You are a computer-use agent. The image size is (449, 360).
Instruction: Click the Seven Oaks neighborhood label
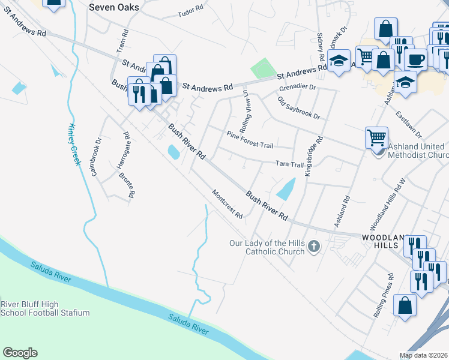click(x=113, y=8)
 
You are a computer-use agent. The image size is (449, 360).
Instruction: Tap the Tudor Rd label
click(x=191, y=11)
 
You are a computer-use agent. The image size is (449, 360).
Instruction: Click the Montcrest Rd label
click(x=228, y=204)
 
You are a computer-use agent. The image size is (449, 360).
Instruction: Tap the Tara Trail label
click(x=289, y=164)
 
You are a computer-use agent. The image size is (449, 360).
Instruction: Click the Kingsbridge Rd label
click(x=315, y=155)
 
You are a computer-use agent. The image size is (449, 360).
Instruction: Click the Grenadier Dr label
click(x=297, y=88)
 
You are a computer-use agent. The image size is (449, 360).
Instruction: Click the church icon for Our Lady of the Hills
click(x=313, y=246)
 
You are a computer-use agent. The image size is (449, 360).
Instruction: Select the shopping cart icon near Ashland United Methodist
click(x=376, y=137)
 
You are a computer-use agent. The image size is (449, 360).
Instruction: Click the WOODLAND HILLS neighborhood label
click(x=388, y=242)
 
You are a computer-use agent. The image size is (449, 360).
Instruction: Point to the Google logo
click(x=20, y=353)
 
